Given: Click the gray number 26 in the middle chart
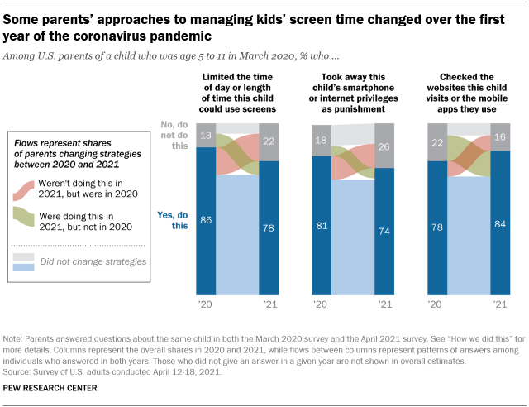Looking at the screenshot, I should (x=384, y=146).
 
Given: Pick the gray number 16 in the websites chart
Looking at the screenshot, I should (x=500, y=136).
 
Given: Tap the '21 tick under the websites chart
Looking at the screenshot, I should (x=500, y=305).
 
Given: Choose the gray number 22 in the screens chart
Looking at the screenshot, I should (x=269, y=141).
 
